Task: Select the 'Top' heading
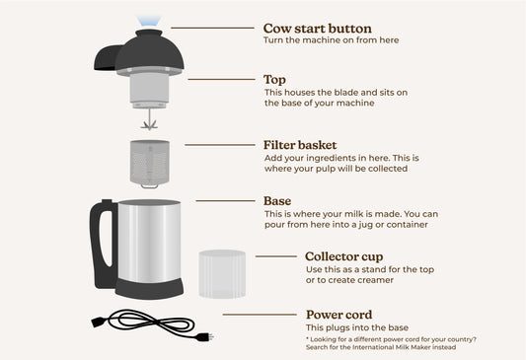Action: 275,79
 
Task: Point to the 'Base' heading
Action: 277,200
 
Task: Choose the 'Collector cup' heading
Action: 345,255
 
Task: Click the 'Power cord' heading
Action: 339,315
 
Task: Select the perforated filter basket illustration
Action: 150,162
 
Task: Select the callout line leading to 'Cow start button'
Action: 212,29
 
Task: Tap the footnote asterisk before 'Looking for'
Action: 307,338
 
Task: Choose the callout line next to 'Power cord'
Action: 259,315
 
